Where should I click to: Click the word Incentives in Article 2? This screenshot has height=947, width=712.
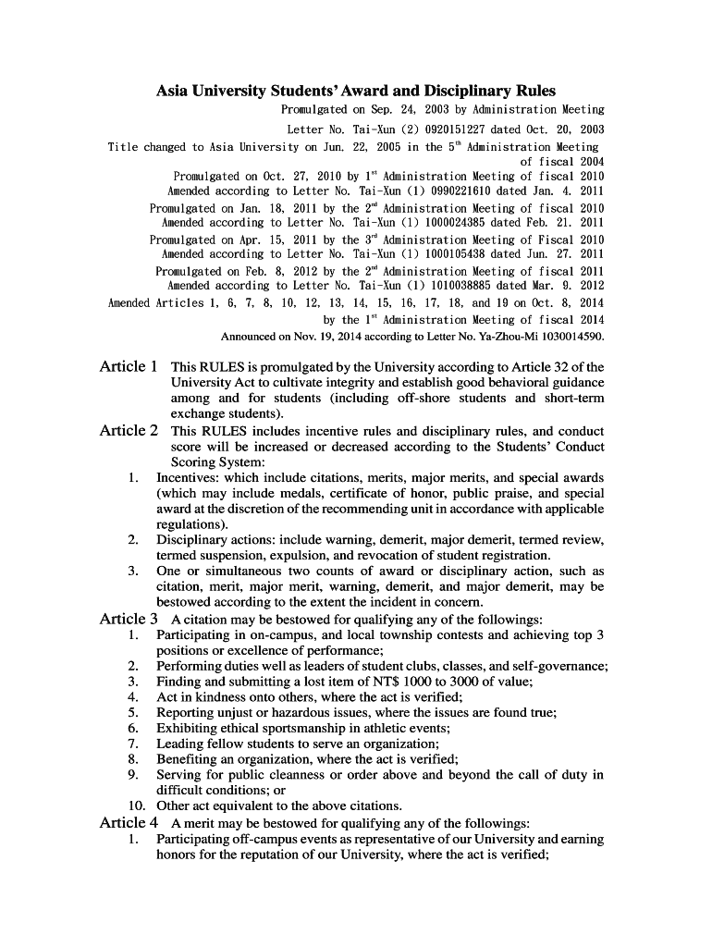point(188,478)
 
